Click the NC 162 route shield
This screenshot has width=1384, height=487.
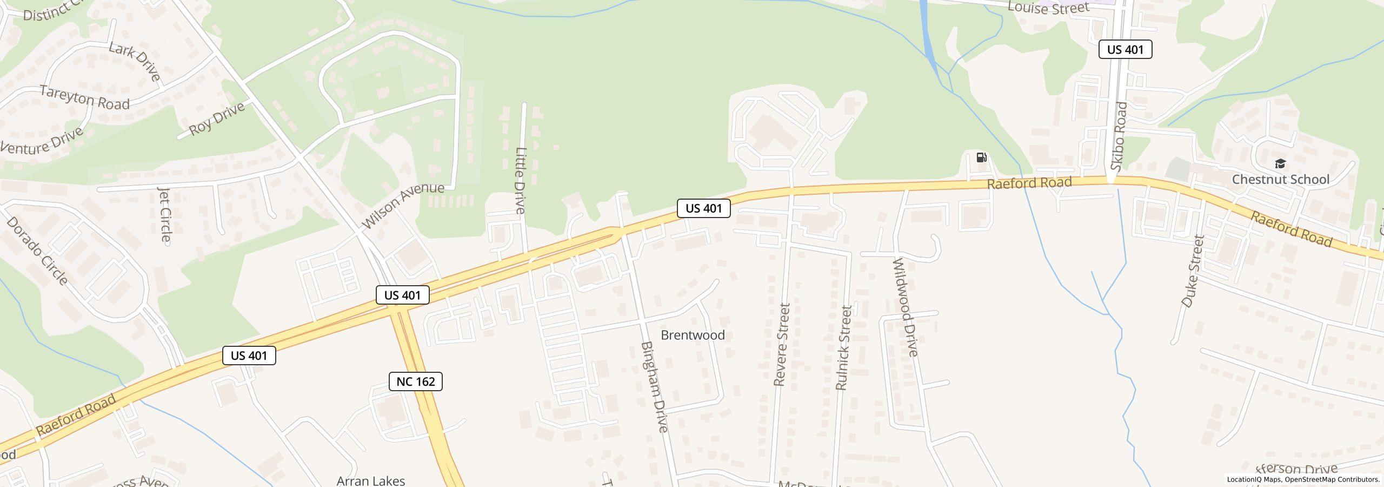415,381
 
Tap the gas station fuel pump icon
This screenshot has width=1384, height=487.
981,157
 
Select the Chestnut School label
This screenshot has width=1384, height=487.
1280,179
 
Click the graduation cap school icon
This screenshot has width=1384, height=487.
1280,163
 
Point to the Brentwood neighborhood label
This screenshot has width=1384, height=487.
693,335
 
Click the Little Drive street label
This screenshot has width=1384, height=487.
520,181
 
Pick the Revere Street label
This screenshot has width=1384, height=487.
782,344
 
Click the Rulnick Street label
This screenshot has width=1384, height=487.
843,347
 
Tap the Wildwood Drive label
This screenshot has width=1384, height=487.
906,307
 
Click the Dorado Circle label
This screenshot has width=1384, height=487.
37,251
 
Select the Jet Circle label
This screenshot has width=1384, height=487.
165,214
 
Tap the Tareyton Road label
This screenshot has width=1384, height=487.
85,98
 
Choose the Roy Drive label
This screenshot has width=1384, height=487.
216,119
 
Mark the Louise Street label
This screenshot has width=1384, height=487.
1048,8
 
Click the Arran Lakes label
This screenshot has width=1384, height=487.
370,481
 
